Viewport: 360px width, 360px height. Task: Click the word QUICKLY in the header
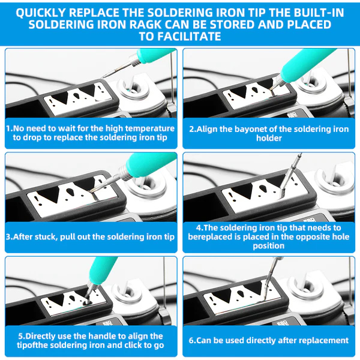(x=40, y=13)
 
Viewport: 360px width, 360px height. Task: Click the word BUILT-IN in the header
(x=319, y=13)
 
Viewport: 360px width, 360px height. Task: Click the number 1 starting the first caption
(x=8, y=128)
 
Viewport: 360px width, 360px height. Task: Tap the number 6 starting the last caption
(x=191, y=340)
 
